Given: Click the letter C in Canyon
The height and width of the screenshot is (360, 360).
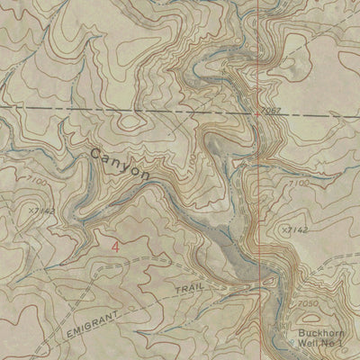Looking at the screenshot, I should click(x=95, y=157).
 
